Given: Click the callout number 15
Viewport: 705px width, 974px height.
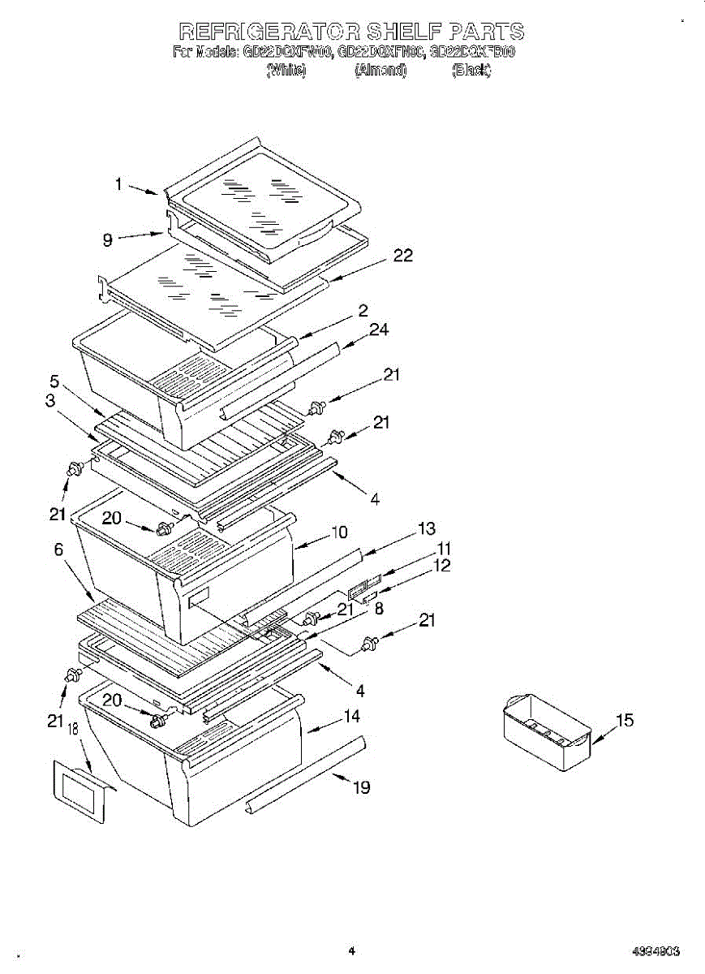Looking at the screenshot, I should (x=625, y=720).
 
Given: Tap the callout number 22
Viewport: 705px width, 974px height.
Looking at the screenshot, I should (x=402, y=256).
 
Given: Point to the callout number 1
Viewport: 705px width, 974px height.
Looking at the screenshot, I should (x=118, y=184).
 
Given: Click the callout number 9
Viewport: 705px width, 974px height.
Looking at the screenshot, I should (x=108, y=239).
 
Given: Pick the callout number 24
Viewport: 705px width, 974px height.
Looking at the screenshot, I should (x=379, y=330).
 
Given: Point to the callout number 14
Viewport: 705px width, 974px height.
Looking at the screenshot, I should (x=351, y=717).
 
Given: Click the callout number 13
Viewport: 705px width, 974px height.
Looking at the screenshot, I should (x=427, y=529).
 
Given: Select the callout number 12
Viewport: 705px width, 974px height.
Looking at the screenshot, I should (x=441, y=566).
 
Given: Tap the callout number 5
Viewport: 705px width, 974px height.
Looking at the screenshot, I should (x=54, y=380).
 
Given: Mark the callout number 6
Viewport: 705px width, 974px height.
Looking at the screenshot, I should (x=58, y=549).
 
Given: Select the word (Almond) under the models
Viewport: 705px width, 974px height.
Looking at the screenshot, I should (x=380, y=70).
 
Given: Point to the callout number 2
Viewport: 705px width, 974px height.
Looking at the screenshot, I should (x=363, y=310).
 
